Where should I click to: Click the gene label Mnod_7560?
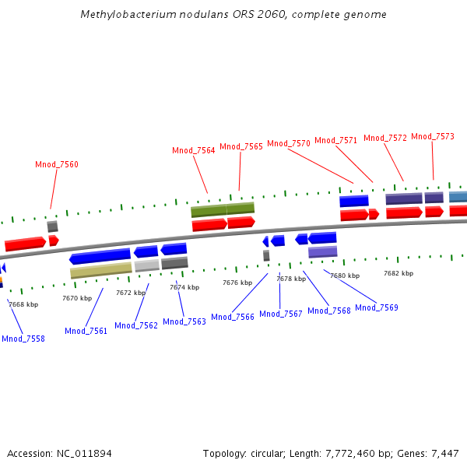(x=57, y=164)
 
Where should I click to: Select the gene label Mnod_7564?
(x=194, y=150)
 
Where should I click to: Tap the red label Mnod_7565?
(x=241, y=146)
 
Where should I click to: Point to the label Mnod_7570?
(x=289, y=143)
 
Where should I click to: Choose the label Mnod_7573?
(x=433, y=136)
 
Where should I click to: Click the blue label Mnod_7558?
(x=23, y=339)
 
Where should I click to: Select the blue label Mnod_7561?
(x=86, y=331)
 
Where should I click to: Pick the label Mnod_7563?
(x=184, y=321)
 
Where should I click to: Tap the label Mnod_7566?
(x=233, y=317)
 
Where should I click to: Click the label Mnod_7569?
(x=377, y=307)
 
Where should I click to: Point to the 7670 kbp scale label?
(x=77, y=298)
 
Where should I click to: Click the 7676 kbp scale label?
(x=237, y=283)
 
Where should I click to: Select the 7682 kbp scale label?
(x=399, y=273)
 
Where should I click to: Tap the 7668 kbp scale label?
(x=23, y=304)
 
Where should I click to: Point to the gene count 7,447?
(x=444, y=453)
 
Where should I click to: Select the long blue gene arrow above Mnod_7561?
(x=100, y=256)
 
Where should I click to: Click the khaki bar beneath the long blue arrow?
(x=101, y=270)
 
